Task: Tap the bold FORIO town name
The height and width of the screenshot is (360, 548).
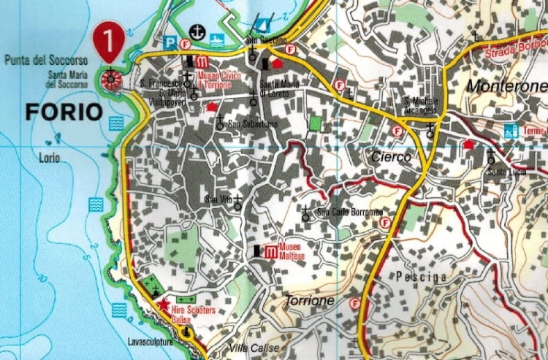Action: coord(62,112)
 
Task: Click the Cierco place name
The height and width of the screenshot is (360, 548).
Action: coord(391,157)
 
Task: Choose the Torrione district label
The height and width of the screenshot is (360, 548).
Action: coord(311,301)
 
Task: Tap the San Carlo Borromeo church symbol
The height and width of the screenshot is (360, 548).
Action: coord(305,213)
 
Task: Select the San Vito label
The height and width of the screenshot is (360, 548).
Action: coord(218,199)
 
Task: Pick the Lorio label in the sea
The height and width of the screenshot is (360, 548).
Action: coord(50,157)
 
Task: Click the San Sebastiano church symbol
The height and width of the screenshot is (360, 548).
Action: coord(219,123)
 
